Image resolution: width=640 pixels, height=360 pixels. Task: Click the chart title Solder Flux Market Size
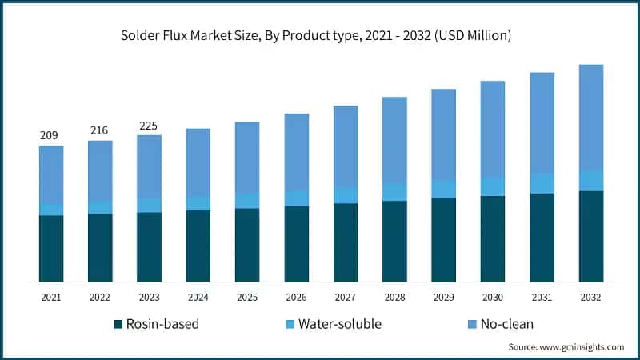(320, 35)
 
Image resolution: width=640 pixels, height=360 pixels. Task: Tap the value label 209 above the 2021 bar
(50, 135)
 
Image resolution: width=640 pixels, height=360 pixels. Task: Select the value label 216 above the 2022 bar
(99, 130)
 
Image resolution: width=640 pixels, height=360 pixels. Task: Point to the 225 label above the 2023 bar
(149, 125)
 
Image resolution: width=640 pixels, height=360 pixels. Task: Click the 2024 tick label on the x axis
(198, 297)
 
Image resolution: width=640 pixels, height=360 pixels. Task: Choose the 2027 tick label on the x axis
(345, 297)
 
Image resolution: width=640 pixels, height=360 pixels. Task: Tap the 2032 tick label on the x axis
(590, 297)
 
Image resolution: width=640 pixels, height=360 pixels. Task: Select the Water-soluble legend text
(339, 324)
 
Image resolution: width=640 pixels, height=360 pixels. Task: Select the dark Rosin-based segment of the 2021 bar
(51, 248)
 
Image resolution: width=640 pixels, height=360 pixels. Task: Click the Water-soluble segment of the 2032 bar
(590, 181)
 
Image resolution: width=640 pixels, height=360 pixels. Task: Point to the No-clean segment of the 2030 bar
(492, 129)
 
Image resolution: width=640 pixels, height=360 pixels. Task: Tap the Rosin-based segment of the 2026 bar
(296, 243)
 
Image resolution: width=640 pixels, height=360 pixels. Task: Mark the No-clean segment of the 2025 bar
(247, 157)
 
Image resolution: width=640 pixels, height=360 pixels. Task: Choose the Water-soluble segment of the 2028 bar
(394, 192)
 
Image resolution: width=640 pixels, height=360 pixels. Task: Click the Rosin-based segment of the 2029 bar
(443, 240)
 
